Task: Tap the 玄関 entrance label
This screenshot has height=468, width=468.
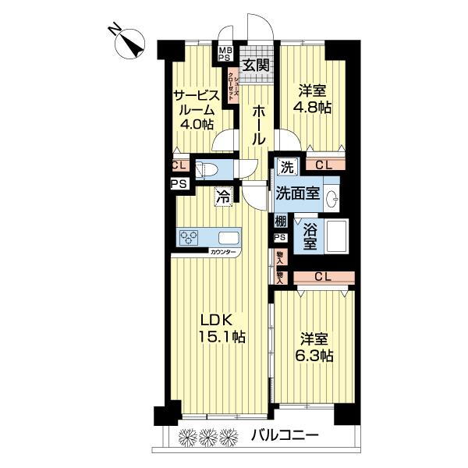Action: click(x=254, y=66)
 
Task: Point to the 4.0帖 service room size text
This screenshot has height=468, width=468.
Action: click(x=195, y=125)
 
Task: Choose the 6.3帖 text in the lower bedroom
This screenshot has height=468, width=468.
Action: click(x=316, y=356)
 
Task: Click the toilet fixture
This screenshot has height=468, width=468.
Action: click(x=207, y=169)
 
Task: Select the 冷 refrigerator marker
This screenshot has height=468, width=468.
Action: click(x=223, y=198)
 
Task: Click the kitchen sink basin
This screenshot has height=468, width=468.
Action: click(x=229, y=237)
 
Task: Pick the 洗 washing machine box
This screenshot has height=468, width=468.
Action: click(x=286, y=166)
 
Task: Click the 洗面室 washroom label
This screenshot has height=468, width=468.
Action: click(x=297, y=194)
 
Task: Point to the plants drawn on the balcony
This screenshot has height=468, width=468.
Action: click(x=207, y=434)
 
